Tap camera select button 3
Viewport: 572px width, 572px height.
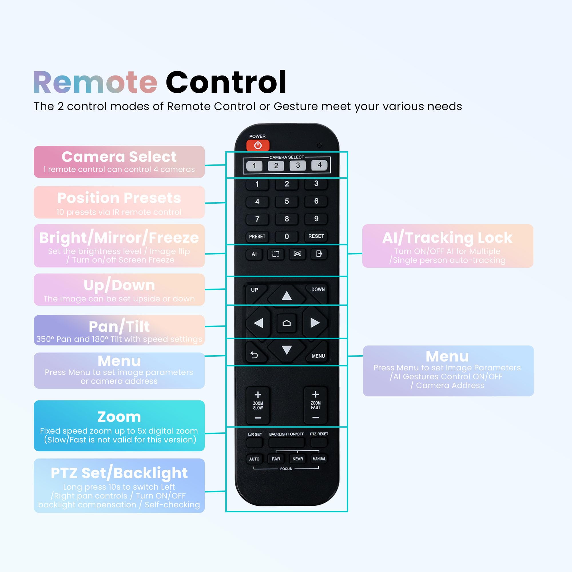(298, 166)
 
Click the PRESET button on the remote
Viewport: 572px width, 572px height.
(257, 237)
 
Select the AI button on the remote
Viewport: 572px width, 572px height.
(254, 254)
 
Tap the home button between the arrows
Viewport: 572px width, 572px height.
(286, 323)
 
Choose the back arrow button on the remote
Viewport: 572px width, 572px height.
(254, 355)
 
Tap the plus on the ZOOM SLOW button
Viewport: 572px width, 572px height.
(258, 394)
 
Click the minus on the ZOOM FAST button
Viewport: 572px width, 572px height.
(316, 418)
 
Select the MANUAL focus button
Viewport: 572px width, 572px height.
(319, 459)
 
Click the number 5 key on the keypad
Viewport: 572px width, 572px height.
(287, 201)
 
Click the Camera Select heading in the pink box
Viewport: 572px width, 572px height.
(119, 157)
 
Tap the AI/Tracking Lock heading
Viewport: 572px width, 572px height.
(447, 238)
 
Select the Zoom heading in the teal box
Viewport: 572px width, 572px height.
(119, 417)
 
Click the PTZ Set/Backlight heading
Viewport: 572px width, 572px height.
(119, 473)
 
